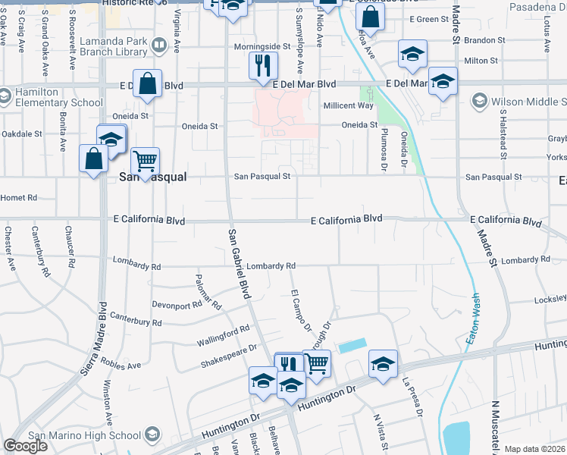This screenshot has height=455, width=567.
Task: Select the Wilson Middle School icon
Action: tap(479, 100)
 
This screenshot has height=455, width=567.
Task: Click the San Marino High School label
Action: tap(84, 435)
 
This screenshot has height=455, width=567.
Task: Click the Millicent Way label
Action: tap(349, 106)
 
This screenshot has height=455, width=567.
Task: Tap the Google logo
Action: tap(25, 446)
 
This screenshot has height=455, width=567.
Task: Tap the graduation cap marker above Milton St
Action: tap(412, 53)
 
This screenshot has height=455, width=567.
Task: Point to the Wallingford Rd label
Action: tap(224, 334)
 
